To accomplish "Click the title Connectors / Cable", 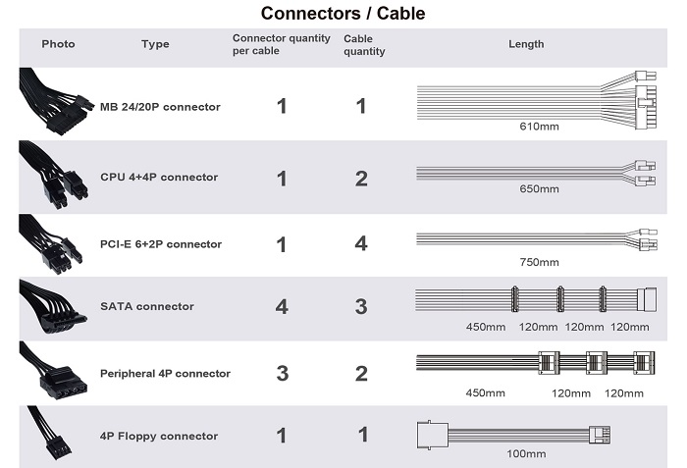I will (343, 14).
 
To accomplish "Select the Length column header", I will (526, 44).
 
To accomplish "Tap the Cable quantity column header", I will (363, 44).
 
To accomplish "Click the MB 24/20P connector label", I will (160, 106).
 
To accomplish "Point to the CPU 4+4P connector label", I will (159, 178).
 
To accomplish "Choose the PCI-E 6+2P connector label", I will (161, 244).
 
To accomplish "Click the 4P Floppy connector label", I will (158, 436).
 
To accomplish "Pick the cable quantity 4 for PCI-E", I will (361, 244).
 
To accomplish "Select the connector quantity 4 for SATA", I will (282, 307).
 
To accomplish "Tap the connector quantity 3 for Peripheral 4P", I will (282, 374).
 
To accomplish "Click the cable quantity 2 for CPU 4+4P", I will (361, 179).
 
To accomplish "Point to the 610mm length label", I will (539, 127).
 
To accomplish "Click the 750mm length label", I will (539, 262).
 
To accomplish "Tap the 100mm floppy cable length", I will (526, 453).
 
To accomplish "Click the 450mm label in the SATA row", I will (485, 326).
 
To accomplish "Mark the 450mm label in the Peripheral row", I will (485, 393).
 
